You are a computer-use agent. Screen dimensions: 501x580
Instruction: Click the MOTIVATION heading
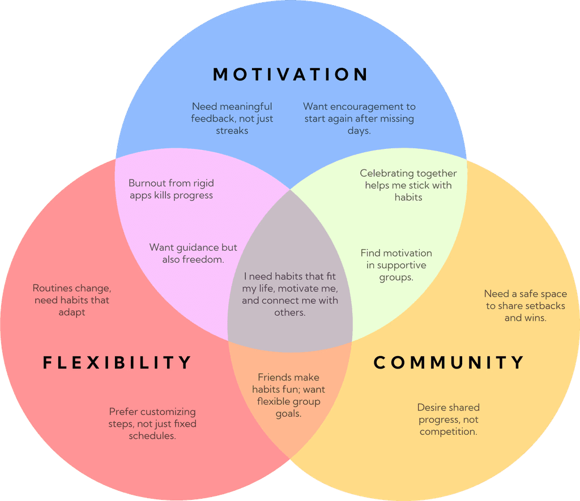coord(291,74)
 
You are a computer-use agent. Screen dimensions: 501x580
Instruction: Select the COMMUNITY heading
coord(449,362)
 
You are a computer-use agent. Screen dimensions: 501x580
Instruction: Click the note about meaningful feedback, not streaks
coord(232,118)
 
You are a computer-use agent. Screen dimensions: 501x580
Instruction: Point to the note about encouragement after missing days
coord(359,118)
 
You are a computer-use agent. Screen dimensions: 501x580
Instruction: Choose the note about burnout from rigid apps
coord(170,189)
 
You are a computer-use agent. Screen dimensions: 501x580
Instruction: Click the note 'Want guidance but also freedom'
coord(193,254)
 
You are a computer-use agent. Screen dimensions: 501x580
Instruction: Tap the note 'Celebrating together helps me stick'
coord(408,185)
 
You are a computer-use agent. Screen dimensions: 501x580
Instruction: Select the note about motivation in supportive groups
coord(396,265)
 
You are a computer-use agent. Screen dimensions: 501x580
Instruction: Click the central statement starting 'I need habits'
coord(290,294)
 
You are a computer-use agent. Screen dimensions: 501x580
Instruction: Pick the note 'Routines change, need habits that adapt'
coord(71,300)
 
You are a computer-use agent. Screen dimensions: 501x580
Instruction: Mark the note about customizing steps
coord(152,423)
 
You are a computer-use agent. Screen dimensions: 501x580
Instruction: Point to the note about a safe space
coord(524,306)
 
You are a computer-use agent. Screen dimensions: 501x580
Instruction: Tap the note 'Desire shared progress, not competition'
coord(448,419)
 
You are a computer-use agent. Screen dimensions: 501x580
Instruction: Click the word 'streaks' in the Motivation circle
coord(232,131)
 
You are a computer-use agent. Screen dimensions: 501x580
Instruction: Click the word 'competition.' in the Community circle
coord(448,432)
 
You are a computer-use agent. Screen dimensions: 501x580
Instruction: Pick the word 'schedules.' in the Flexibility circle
coord(152,436)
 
